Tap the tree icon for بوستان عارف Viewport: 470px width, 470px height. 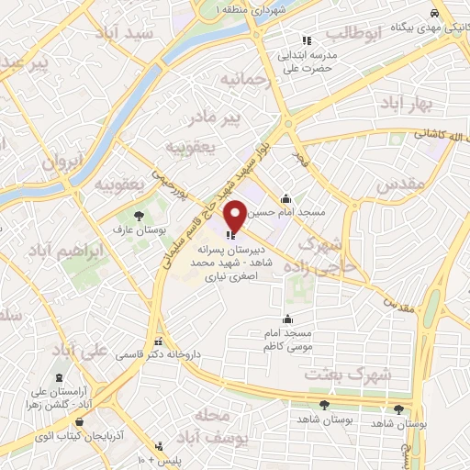click(139, 217)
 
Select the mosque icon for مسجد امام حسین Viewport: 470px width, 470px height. click(286, 197)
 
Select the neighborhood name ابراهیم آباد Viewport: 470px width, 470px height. click(63, 251)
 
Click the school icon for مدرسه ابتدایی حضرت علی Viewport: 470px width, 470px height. click(308, 39)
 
